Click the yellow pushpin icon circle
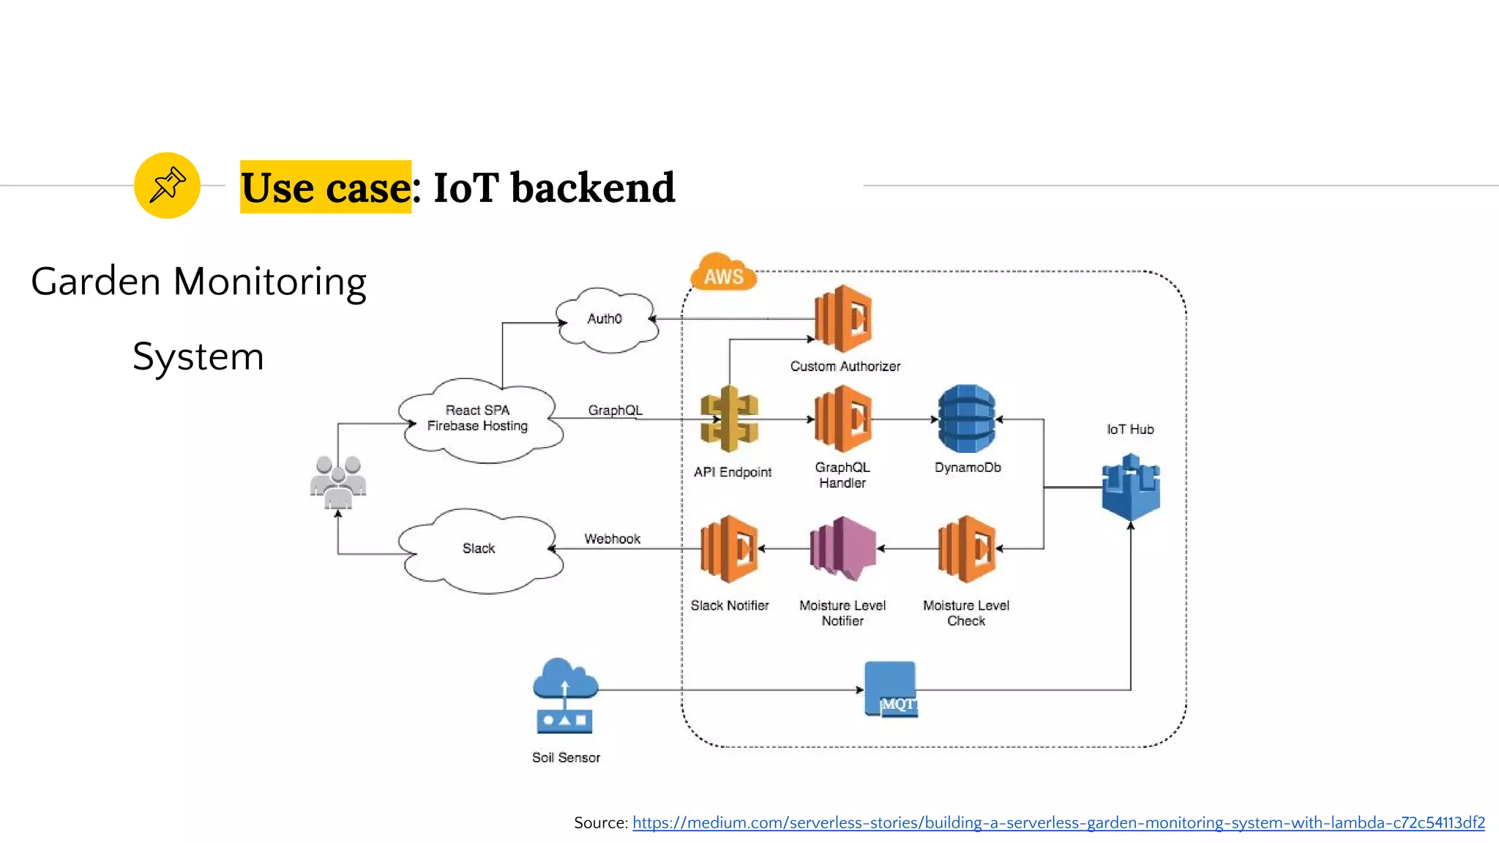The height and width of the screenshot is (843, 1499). pyautogui.click(x=167, y=185)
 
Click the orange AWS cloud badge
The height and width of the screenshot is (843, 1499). pyautogui.click(x=723, y=274)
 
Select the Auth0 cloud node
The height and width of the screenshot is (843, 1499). pyautogui.click(x=606, y=320)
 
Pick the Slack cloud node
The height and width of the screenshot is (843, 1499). pyautogui.click(x=479, y=549)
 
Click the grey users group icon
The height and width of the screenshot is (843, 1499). pyautogui.click(x=338, y=482)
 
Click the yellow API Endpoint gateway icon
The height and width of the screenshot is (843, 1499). pyautogui.click(x=728, y=419)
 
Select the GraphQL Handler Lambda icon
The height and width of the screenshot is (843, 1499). pyautogui.click(x=843, y=419)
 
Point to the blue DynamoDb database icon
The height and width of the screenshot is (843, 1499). pyautogui.click(x=967, y=419)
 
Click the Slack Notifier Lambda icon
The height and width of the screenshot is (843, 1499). pyautogui.click(x=729, y=549)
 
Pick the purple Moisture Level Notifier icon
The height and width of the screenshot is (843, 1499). pyautogui.click(x=843, y=549)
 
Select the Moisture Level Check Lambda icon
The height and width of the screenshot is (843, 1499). pyautogui.click(x=967, y=549)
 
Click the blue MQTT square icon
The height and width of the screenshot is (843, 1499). pyautogui.click(x=890, y=689)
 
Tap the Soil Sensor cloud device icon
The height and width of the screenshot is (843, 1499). pyautogui.click(x=564, y=696)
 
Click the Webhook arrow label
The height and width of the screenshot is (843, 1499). pyautogui.click(x=612, y=539)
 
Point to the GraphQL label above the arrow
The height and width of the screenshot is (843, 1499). pyautogui.click(x=615, y=410)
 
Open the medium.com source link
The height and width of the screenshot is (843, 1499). pyautogui.click(x=1058, y=823)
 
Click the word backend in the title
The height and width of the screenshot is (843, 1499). pyautogui.click(x=593, y=187)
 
